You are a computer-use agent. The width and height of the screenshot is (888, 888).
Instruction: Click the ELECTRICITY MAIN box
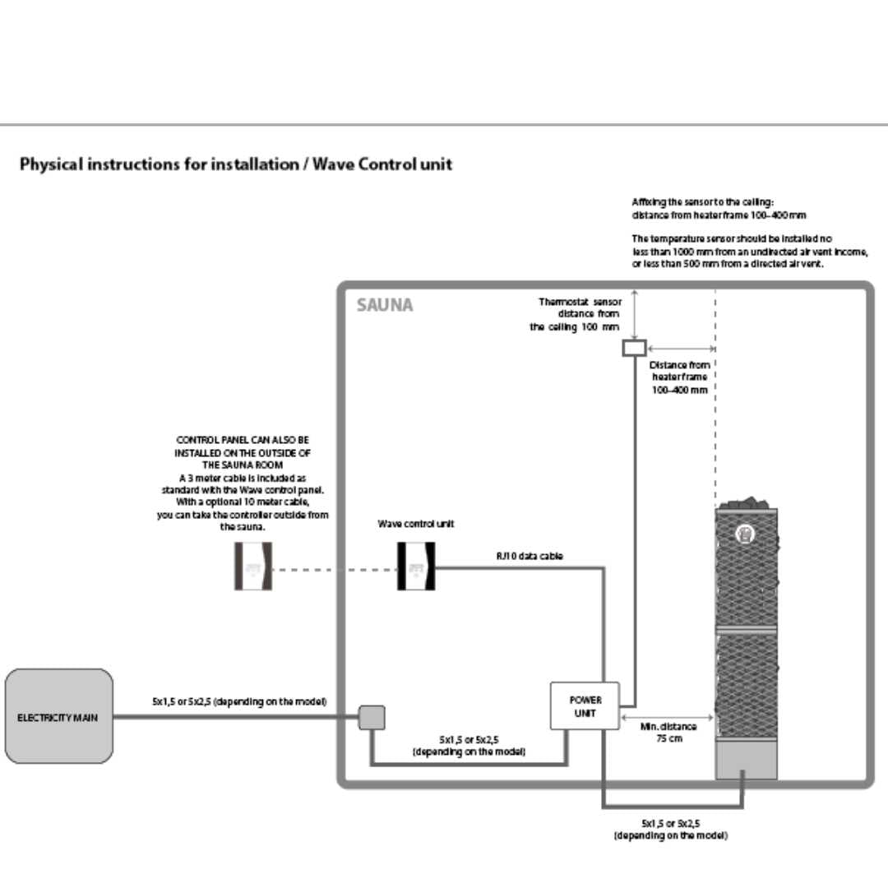pos(58,716)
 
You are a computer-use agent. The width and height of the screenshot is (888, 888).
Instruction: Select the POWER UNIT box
pos(585,706)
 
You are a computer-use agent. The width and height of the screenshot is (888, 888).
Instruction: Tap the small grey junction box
pos(371,718)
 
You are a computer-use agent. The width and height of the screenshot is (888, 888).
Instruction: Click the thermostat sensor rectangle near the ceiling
pos(634,348)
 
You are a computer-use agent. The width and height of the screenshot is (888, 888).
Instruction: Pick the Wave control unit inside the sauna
pos(416,567)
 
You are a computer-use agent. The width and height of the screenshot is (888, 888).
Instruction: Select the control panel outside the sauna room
pos(253,567)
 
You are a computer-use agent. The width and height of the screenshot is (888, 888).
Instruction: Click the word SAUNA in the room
pos(385,305)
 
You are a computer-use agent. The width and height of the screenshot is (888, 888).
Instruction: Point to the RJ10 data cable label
pos(529,557)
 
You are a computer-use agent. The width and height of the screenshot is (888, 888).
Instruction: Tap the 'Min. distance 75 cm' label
pos(668,733)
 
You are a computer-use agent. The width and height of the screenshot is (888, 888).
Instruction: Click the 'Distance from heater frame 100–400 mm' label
pos(679,377)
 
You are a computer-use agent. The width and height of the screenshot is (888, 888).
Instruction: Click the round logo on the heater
pos(744,533)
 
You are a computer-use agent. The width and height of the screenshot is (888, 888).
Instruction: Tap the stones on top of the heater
pos(746,502)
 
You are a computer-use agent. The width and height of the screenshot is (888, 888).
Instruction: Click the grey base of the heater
pos(746,760)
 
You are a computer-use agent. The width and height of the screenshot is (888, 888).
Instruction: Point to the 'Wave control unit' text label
pos(416,524)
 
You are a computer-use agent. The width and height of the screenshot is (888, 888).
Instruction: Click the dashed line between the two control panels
pos(335,567)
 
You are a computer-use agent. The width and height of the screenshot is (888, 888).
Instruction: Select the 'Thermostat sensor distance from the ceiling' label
pos(576,314)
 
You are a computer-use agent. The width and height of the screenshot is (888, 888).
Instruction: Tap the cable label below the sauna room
pos(670,828)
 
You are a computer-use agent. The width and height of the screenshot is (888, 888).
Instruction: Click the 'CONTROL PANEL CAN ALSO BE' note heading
pos(243,440)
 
